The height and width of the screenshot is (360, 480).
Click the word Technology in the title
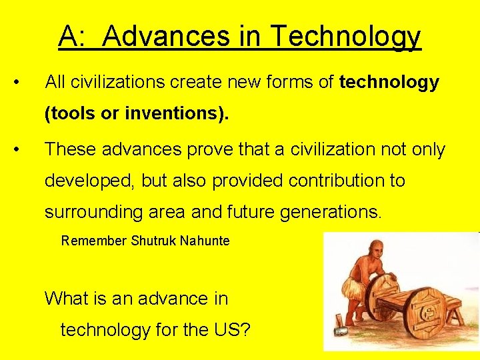(x=345, y=36)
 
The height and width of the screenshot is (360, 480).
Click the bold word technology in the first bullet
(x=389, y=83)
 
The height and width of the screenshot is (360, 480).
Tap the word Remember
(x=93, y=241)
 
